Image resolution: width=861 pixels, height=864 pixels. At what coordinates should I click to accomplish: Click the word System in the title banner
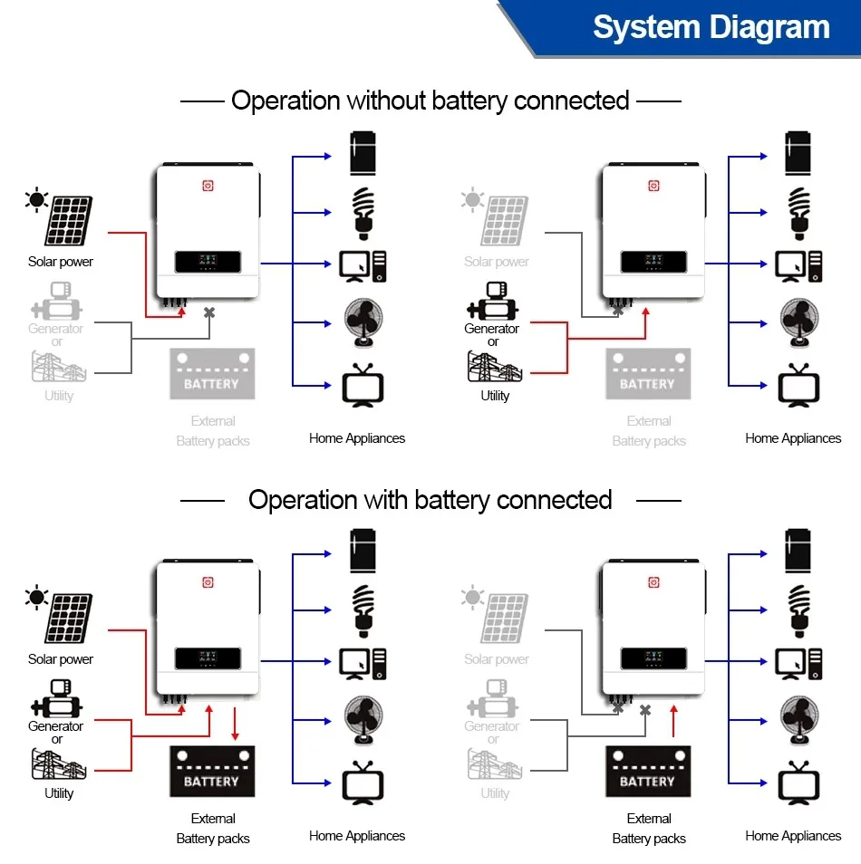[x=644, y=27]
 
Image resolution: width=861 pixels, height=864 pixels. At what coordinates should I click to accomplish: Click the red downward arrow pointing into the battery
[x=236, y=725]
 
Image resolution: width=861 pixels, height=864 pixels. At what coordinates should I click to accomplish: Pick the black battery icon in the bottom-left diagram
[x=212, y=772]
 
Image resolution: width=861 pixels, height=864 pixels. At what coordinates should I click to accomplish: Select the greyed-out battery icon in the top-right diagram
[x=648, y=374]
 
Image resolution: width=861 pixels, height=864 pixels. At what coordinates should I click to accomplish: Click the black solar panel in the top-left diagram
[x=70, y=221]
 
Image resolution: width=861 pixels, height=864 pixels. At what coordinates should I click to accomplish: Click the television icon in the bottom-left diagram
[x=362, y=784]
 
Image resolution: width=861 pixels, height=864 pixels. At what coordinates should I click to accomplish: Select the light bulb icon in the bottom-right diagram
[x=798, y=609]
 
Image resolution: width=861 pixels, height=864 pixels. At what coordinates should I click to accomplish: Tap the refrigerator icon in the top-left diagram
[x=363, y=154]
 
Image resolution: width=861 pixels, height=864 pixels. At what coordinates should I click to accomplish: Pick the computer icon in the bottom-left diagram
[x=363, y=664]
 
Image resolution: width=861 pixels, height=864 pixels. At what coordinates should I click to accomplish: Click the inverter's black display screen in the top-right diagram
[x=653, y=263]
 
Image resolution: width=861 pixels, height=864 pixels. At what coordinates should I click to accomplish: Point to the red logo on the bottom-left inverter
[x=208, y=583]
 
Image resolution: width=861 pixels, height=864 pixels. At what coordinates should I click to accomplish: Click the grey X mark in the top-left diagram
[x=209, y=312]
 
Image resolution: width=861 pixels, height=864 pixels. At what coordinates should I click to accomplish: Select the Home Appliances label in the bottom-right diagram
[x=793, y=836]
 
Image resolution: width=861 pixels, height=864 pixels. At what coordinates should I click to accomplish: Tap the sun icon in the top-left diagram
[x=36, y=200]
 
